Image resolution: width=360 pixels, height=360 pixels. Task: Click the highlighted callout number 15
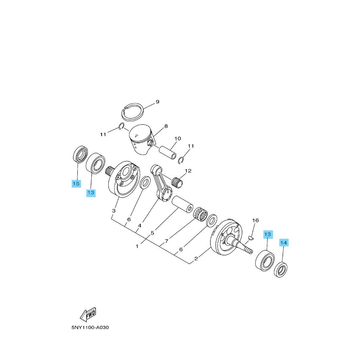[76, 184]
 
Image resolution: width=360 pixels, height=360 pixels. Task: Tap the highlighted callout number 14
[283, 243]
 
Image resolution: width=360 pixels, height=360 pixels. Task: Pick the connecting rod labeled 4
[161, 183]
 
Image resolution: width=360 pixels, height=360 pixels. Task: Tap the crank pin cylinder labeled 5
[183, 204]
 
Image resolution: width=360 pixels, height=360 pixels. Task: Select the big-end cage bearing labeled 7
[200, 214]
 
